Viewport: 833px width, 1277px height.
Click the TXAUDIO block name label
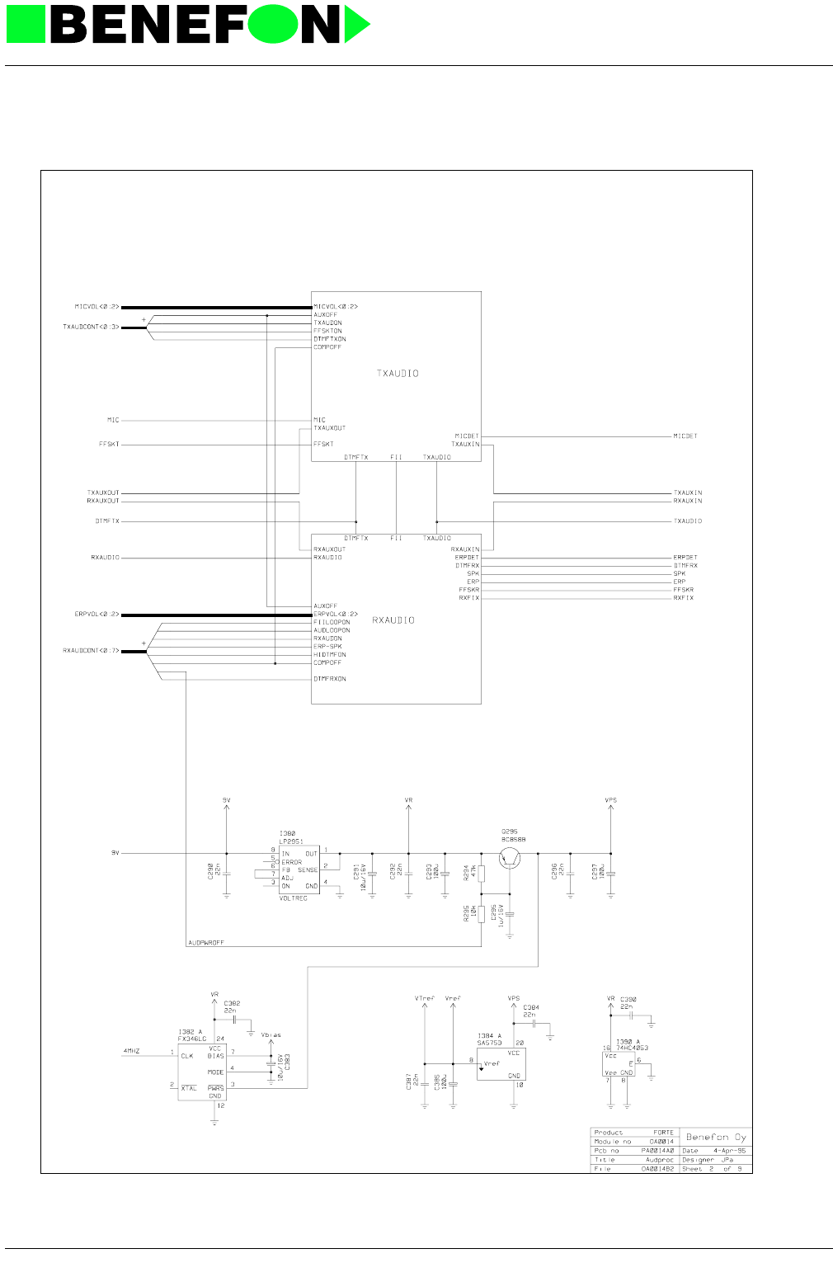(398, 374)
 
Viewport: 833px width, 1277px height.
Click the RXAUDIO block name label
(393, 620)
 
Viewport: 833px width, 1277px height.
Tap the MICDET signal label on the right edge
(685, 436)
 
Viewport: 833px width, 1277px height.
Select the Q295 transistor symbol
(511, 858)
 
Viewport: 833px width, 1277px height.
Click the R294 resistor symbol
(482, 874)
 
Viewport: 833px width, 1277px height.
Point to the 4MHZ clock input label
(131, 1052)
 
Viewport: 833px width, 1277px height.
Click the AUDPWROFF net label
(206, 942)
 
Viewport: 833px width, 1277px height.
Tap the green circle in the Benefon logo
(272, 24)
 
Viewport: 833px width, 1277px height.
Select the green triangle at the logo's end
(356, 24)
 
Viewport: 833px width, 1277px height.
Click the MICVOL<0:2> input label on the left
(96, 307)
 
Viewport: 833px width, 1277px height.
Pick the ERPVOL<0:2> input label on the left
(96, 615)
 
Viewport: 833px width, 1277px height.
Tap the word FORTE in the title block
(663, 1133)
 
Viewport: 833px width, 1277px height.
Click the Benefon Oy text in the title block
(716, 1137)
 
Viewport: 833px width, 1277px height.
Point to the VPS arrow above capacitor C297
(610, 807)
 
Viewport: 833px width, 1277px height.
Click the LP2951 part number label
(289, 841)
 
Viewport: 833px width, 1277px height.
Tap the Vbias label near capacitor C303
(271, 1034)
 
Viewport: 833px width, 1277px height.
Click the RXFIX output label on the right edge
(683, 598)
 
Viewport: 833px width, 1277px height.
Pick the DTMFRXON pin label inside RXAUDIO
(330, 679)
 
